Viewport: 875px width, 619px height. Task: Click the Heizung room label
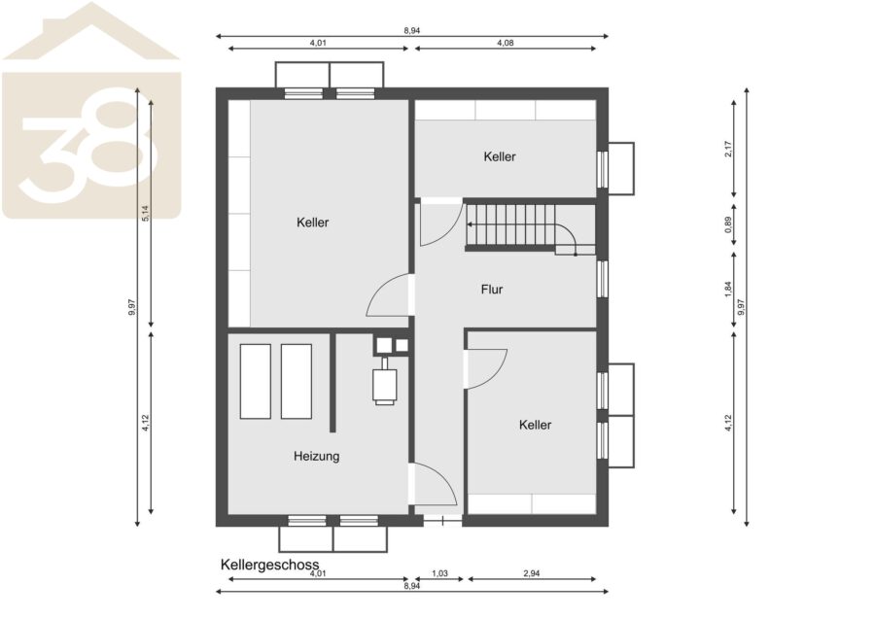tap(316, 456)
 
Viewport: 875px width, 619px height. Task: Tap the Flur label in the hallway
tap(492, 290)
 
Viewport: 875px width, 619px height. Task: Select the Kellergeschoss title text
tap(269, 565)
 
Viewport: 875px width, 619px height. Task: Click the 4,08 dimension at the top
tap(505, 43)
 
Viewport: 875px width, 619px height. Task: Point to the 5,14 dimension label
tap(145, 213)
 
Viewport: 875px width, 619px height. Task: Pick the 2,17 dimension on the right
tap(728, 149)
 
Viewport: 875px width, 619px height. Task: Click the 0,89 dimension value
tap(728, 224)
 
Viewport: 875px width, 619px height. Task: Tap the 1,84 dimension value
tap(728, 289)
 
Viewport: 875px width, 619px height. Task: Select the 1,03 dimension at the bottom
tap(439, 572)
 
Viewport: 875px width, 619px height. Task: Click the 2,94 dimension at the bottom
tap(531, 572)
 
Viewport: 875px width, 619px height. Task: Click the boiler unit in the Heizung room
tap(384, 382)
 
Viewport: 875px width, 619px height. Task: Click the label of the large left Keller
tap(312, 223)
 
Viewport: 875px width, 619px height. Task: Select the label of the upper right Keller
tap(500, 156)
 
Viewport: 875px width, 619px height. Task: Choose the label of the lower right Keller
tap(535, 425)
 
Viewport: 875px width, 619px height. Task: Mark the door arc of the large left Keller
tap(379, 290)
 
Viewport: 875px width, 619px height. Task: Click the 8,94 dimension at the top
tap(412, 31)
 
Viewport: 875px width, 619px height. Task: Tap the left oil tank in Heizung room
tap(256, 382)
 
